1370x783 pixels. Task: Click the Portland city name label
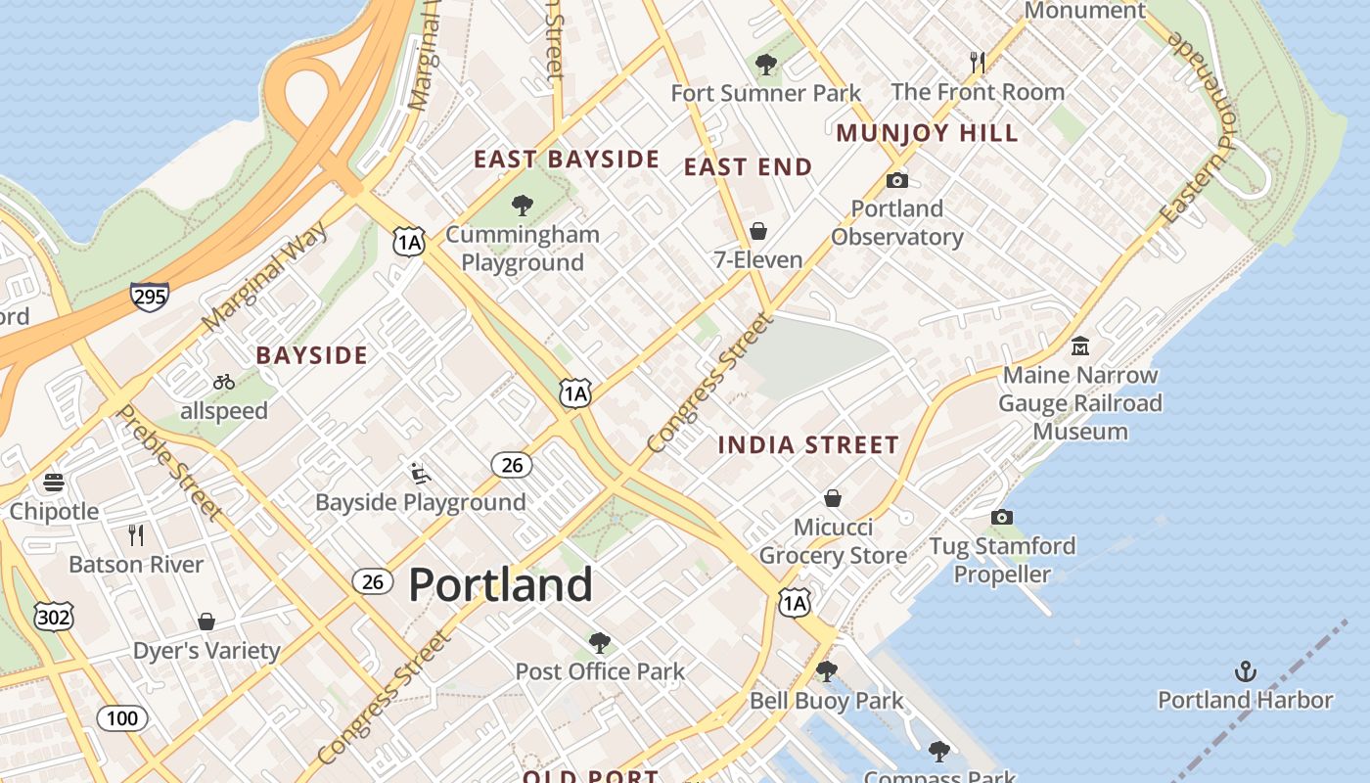[500, 584]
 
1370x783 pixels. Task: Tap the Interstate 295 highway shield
[149, 297]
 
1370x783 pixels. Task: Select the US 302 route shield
[53, 617]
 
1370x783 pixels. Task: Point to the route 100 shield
[122, 719]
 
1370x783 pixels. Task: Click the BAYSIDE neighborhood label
[311, 355]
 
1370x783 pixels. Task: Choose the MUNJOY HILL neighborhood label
[927, 133]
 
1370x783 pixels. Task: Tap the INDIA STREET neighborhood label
[808, 445]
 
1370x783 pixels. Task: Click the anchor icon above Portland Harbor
[1245, 671]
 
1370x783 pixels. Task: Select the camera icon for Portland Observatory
[896, 180]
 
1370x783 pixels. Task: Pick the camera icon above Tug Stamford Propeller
[1001, 517]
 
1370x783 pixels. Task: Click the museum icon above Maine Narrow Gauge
[1080, 346]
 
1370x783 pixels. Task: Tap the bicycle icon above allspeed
[223, 382]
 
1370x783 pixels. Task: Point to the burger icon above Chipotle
[54, 483]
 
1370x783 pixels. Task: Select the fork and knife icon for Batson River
[136, 535]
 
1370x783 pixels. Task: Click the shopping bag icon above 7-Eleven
[757, 232]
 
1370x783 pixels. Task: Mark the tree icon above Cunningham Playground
[523, 206]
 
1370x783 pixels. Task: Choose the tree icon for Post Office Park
[600, 643]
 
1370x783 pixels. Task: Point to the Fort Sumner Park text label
[765, 93]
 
